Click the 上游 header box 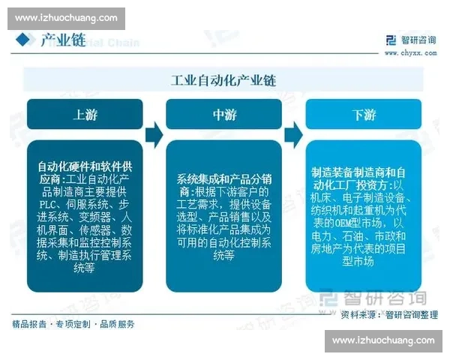coord(85,115)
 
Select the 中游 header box coord(224,115)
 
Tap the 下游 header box coord(364,115)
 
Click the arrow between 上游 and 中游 coord(154,135)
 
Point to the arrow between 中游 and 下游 coord(294,135)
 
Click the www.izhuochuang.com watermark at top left coord(64,16)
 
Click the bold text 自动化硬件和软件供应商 coord(85,172)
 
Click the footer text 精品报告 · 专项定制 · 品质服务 coord(73,324)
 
